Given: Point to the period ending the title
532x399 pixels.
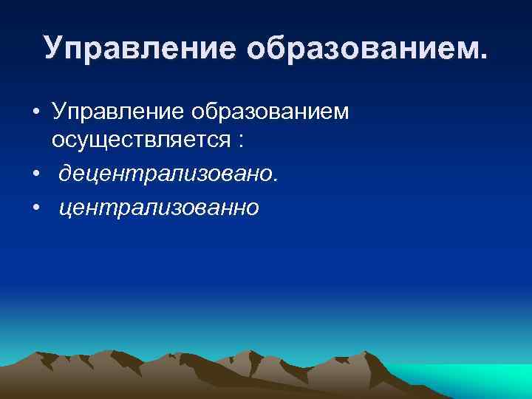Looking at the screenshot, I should click(x=484, y=56).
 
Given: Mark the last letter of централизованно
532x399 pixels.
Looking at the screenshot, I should click(x=253, y=211).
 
